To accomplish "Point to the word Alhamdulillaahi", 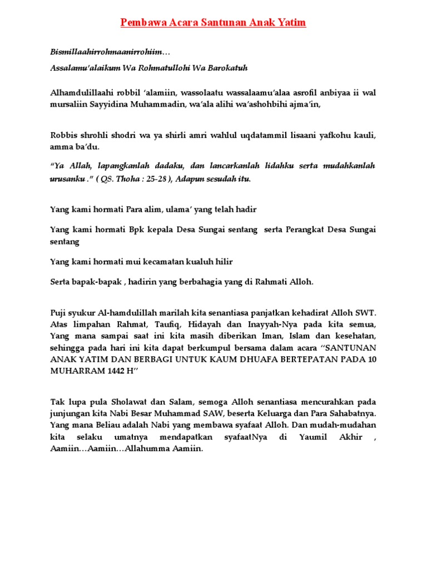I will point(79,92).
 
